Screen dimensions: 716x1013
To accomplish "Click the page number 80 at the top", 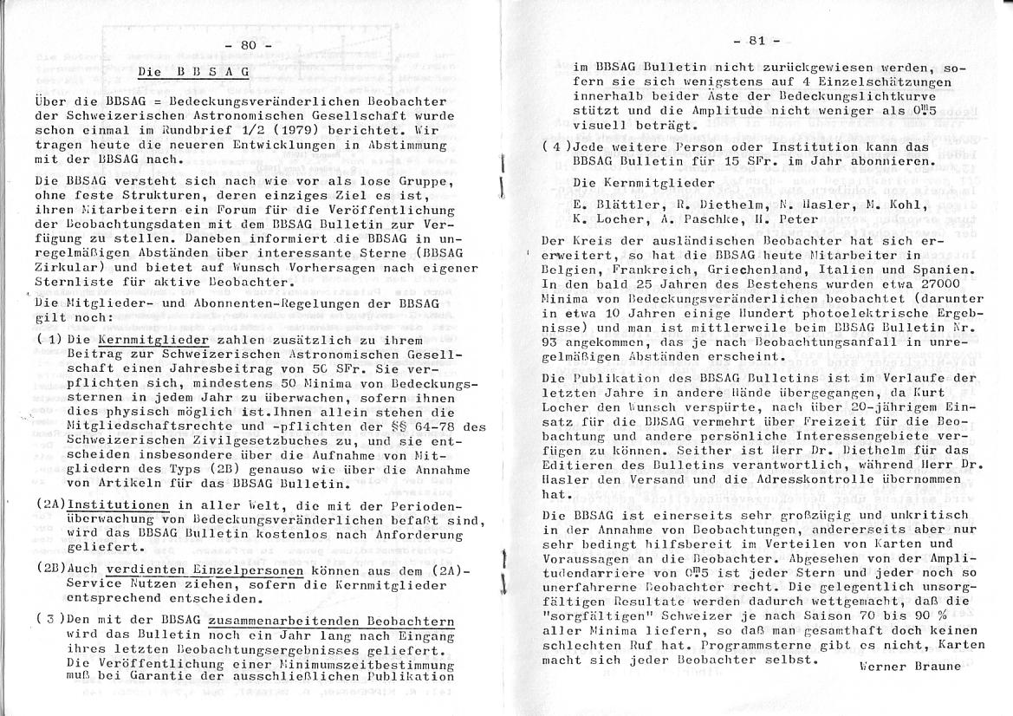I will pos(248,44).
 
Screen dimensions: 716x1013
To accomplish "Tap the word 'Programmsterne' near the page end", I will pos(744,645).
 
